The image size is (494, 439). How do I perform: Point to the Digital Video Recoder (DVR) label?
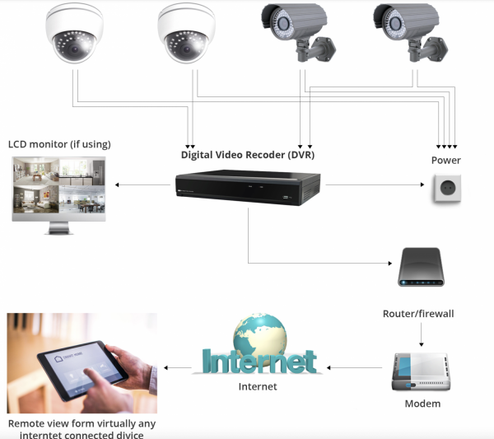247,154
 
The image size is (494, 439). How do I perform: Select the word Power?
446,160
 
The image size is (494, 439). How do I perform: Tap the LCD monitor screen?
58,187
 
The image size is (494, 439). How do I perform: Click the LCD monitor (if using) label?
59,144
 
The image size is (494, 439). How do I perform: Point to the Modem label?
422,404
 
